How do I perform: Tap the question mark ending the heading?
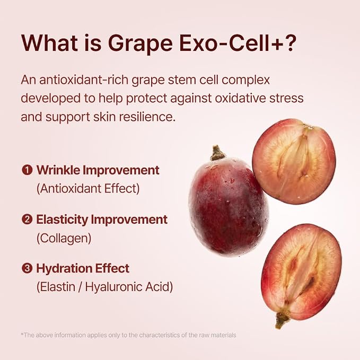coord(289,42)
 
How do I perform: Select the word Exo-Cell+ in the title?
coord(230,43)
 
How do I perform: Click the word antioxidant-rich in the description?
coord(84,80)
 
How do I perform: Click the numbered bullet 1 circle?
coord(27,170)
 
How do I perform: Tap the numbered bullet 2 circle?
coord(27,219)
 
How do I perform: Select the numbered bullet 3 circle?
coord(27,268)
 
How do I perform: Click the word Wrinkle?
coord(58,170)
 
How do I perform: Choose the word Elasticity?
coord(62,219)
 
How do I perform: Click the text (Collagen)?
coord(64,238)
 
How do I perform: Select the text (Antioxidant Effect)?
coord(88,189)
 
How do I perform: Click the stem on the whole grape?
coord(217,153)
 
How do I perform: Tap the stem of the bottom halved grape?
coord(282,320)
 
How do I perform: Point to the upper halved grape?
coord(294,161)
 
